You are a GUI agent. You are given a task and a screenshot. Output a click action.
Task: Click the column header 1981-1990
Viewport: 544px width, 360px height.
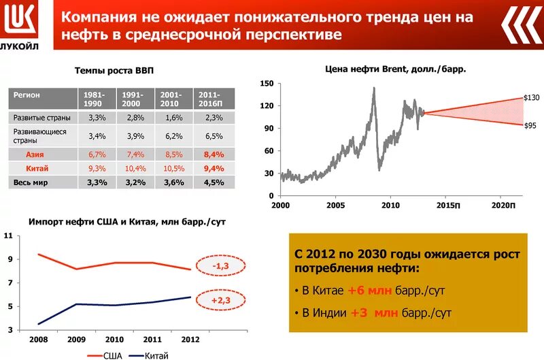pyautogui.click(x=97, y=99)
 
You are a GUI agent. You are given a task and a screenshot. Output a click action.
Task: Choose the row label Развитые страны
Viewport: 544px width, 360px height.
pyautogui.click(x=40, y=118)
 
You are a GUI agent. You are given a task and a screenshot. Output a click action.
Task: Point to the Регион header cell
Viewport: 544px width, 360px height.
pyautogui.click(x=27, y=95)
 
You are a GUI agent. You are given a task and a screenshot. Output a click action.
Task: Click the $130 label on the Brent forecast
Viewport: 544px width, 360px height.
pyautogui.click(x=531, y=98)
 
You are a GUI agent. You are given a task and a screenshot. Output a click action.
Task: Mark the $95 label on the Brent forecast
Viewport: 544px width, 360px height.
pyautogui.click(x=530, y=125)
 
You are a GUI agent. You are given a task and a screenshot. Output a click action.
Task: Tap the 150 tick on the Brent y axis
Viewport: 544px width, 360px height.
pyautogui.click(x=267, y=83)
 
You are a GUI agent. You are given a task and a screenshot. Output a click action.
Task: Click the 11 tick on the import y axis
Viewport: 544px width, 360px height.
pyautogui.click(x=8, y=235)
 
